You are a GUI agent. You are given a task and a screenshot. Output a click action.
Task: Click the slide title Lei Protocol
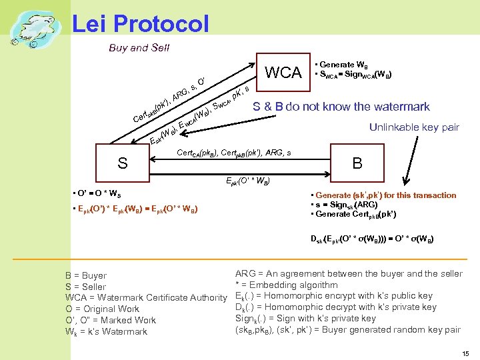coord(140,24)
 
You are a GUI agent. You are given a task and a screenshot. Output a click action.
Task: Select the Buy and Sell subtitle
coord(139,47)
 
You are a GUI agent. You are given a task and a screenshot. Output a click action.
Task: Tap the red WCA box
coord(283,72)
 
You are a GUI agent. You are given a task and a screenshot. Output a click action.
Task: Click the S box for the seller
coord(123,163)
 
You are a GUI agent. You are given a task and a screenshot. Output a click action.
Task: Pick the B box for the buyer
coord(358,163)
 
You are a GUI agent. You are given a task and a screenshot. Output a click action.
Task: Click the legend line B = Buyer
coord(86,275)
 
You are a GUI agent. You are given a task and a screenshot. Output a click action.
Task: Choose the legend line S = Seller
coord(85,287)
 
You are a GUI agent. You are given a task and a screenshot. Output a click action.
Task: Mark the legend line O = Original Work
coord(102,309)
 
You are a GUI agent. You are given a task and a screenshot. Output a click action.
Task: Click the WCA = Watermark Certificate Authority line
coord(146,297)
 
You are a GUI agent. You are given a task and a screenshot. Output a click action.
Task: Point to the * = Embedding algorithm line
coord(286,285)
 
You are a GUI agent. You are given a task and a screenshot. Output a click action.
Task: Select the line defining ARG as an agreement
coord(349,273)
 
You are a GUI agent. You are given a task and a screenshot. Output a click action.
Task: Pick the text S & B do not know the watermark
coord(341,107)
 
